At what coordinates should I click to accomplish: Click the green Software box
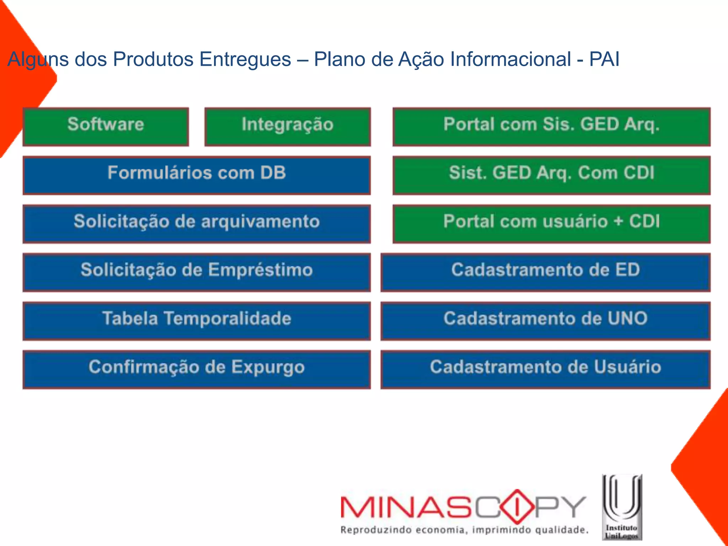(x=106, y=127)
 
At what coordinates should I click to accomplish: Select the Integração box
(x=288, y=127)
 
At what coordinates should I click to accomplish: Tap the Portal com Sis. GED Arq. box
(x=551, y=127)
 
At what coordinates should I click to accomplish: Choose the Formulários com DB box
(x=197, y=175)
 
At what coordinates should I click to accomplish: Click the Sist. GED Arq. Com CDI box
(x=551, y=175)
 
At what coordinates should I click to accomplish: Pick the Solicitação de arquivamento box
(x=197, y=224)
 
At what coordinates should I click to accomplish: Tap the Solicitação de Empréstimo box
(x=197, y=272)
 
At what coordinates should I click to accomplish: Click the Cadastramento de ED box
(x=545, y=272)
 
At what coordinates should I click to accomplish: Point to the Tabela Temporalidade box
(x=197, y=321)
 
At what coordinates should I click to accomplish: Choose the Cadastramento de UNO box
(x=545, y=321)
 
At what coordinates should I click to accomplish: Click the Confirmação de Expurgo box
(x=197, y=369)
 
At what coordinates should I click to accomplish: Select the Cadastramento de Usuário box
(x=545, y=369)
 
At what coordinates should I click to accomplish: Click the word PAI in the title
(x=604, y=59)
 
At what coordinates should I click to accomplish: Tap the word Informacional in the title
(x=510, y=59)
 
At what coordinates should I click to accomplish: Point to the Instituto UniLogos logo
(x=622, y=507)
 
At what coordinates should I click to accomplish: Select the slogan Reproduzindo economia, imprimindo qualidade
(x=464, y=530)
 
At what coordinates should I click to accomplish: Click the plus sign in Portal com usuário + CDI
(x=618, y=221)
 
